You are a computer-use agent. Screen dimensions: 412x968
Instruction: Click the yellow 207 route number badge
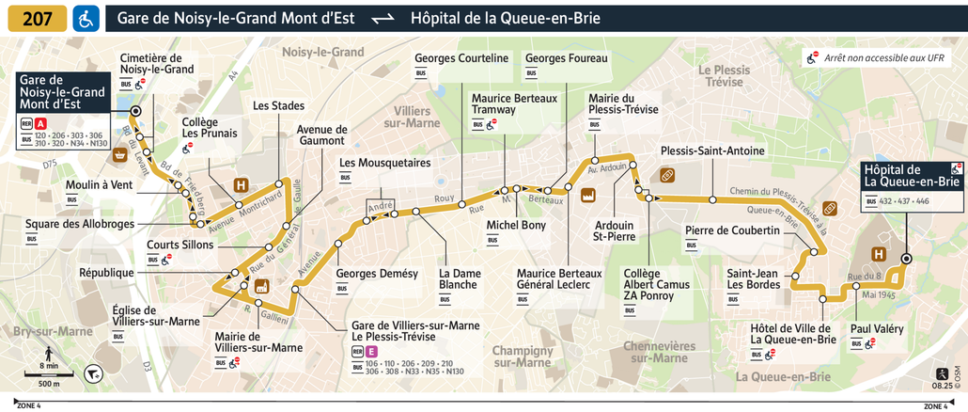38,18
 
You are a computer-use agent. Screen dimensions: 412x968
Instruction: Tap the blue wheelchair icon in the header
86,18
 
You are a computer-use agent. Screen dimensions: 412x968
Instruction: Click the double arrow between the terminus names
382,19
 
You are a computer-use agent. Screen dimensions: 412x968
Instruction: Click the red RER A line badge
40,122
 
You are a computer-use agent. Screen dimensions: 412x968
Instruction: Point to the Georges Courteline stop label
461,58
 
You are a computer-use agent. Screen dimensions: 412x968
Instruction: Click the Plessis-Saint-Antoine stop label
711,151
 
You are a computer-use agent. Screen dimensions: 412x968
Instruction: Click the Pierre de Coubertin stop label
732,230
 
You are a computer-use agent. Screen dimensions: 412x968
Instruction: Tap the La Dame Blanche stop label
458,279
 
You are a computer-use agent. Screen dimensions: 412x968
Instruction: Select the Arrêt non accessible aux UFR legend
882,57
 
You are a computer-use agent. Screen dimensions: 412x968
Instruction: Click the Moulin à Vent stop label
99,184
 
